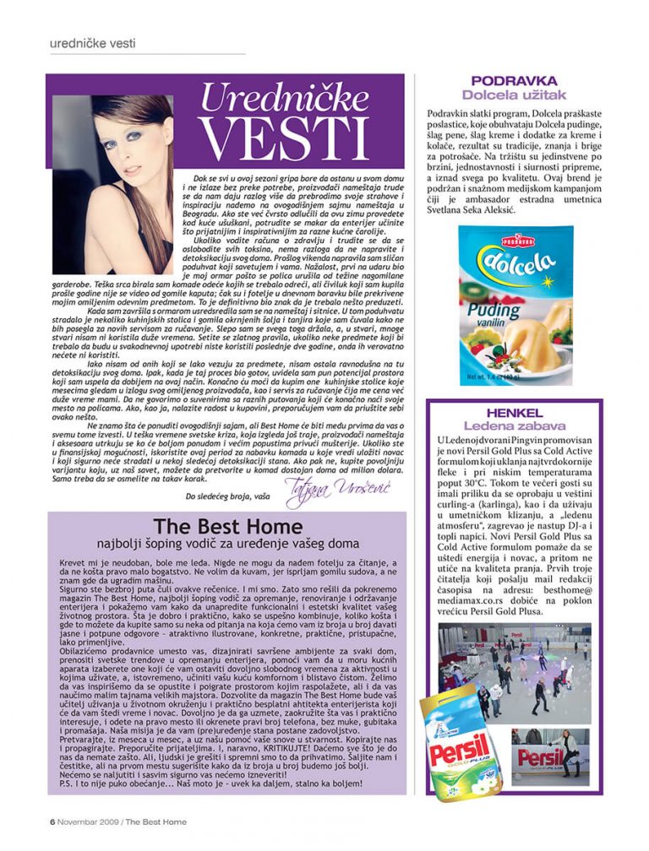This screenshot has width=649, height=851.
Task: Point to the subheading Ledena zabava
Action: [x=514, y=425]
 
